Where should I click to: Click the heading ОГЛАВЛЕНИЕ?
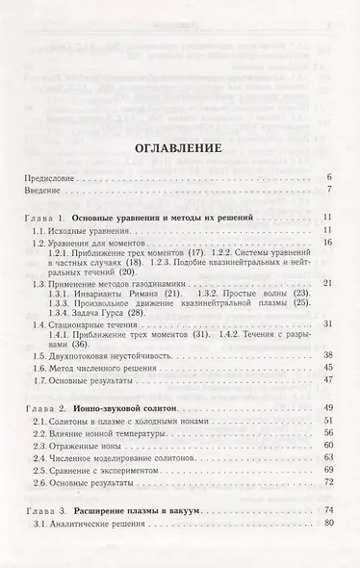(180, 149)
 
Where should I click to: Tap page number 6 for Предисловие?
(328, 179)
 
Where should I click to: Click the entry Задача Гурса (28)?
(90, 327)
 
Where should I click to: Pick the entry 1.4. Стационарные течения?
(88, 341)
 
